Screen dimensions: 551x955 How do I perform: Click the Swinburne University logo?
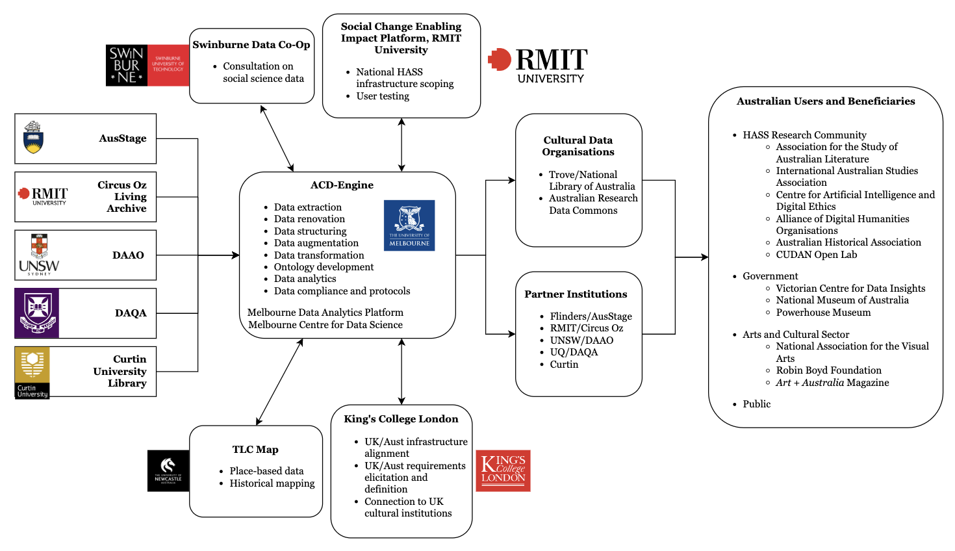(x=147, y=66)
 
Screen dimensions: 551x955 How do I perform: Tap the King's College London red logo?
(x=503, y=470)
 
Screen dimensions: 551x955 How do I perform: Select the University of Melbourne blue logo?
(x=409, y=225)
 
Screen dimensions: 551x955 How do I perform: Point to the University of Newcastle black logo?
(x=168, y=470)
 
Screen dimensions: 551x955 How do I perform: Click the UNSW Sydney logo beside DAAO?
(x=39, y=255)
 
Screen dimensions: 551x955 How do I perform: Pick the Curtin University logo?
(x=32, y=372)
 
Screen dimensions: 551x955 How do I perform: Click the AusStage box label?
(x=123, y=138)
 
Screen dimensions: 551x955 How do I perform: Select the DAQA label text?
(x=131, y=313)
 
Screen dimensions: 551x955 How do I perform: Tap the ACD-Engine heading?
(x=342, y=185)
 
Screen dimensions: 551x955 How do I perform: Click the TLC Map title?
(x=255, y=450)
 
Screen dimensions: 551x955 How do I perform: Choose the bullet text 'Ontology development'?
(x=324, y=267)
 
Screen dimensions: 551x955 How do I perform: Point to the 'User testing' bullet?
(x=383, y=96)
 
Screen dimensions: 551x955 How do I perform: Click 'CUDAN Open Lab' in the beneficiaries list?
(x=816, y=255)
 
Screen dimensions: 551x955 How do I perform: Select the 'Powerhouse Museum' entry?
(x=823, y=313)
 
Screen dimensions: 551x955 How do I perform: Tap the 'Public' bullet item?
(x=756, y=404)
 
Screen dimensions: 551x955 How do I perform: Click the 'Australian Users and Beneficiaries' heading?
(x=825, y=101)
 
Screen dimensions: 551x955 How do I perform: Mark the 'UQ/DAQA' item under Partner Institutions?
(x=574, y=352)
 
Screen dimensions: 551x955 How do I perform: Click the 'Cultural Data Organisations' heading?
(x=578, y=146)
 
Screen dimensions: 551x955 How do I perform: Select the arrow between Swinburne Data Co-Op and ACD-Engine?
(x=277, y=138)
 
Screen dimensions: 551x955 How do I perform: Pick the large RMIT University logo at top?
(x=538, y=66)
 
